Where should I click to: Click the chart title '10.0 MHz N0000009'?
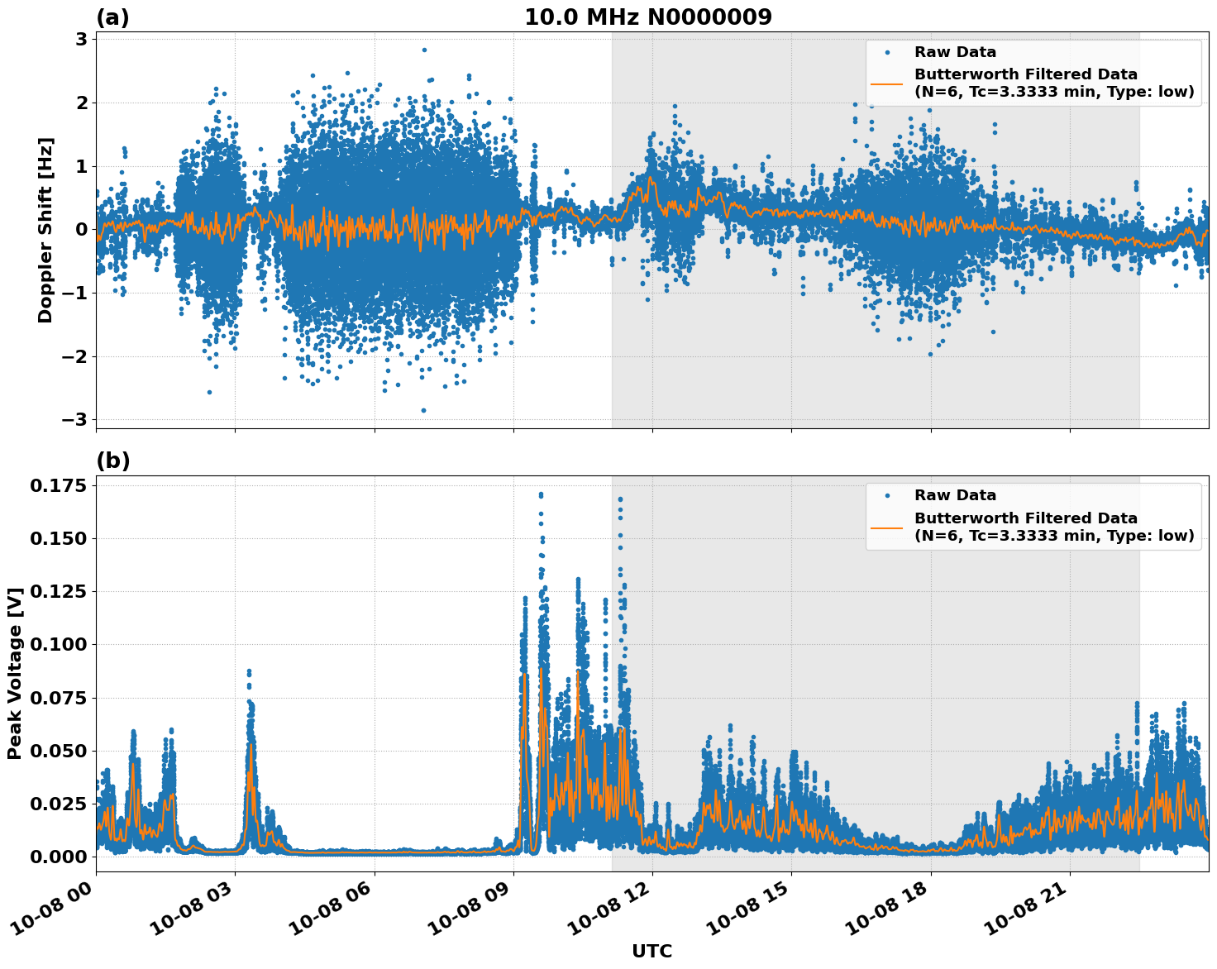[648, 17]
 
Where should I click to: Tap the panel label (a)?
[112, 17]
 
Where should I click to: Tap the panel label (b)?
[112, 461]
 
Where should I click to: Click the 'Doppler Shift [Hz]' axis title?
[45, 230]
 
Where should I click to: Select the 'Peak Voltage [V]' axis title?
[14, 673]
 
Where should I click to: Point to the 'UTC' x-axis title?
[651, 951]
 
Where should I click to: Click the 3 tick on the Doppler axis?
[83, 39]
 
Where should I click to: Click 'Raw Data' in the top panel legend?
[955, 52]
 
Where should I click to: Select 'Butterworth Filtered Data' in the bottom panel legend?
[1025, 518]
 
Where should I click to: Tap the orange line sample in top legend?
[886, 83]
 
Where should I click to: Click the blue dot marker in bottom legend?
[887, 496]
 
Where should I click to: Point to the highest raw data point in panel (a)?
[424, 50]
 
